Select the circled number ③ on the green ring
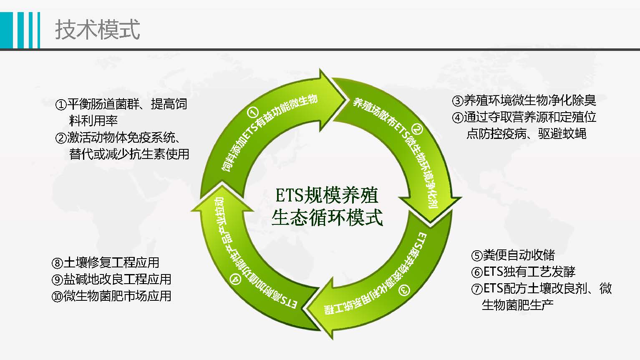click(403, 289)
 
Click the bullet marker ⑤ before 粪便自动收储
click(477, 255)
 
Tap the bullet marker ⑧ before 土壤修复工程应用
click(57, 263)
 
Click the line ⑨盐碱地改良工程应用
click(111, 279)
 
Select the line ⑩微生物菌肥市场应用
click(111, 296)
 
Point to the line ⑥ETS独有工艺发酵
click(523, 272)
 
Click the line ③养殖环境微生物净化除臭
click(524, 101)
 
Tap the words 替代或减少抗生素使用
click(129, 154)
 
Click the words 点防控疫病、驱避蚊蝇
click(526, 134)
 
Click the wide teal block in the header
click(7, 30)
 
